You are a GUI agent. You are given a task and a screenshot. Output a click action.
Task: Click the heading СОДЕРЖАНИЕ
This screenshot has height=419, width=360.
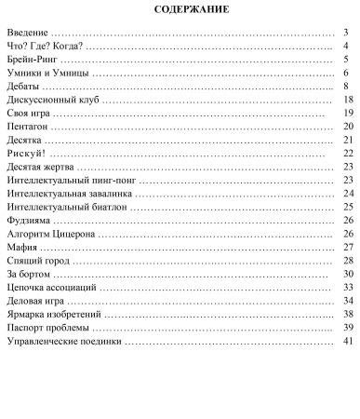point(180,10)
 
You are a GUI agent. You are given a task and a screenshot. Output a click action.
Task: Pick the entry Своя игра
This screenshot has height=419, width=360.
point(30,112)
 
